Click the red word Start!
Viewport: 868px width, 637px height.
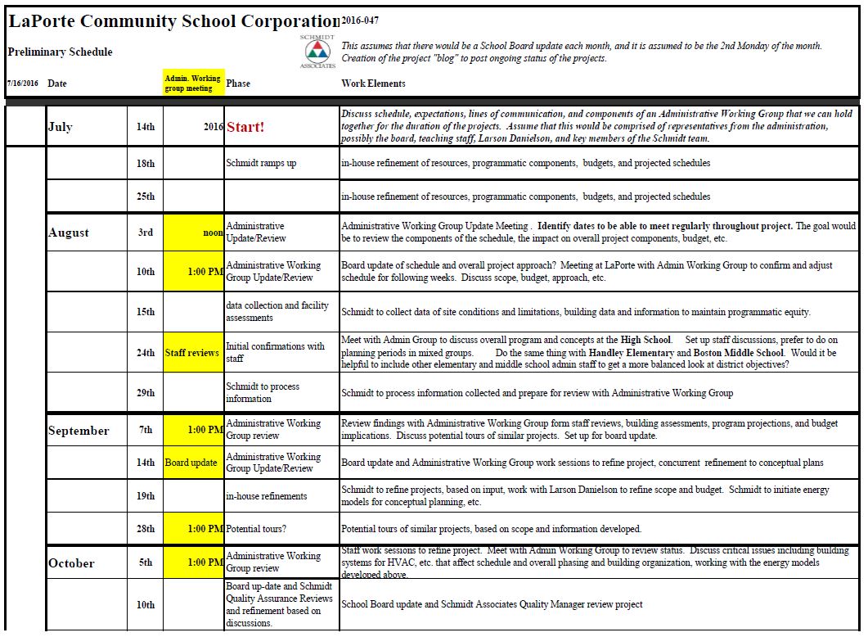pos(245,127)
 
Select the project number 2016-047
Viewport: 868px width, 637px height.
pos(360,20)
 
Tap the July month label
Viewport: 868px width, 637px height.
pos(60,127)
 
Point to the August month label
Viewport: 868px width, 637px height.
pos(69,233)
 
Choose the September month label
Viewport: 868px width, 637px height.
pos(79,431)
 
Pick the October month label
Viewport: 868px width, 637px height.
pos(71,563)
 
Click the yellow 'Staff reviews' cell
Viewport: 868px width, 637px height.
pos(192,353)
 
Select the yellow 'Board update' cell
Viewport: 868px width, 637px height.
pos(191,463)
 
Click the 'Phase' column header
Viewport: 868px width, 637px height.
pos(238,84)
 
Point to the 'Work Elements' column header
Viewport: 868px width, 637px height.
pos(372,84)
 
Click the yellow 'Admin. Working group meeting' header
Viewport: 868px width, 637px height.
pos(192,84)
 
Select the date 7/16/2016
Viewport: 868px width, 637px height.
pos(22,84)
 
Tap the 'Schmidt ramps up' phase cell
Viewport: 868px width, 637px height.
pos(261,163)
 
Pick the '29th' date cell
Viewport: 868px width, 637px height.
pos(146,393)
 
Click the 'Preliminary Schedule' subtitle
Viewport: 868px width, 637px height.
pos(60,52)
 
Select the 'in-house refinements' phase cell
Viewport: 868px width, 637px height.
pos(267,496)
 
